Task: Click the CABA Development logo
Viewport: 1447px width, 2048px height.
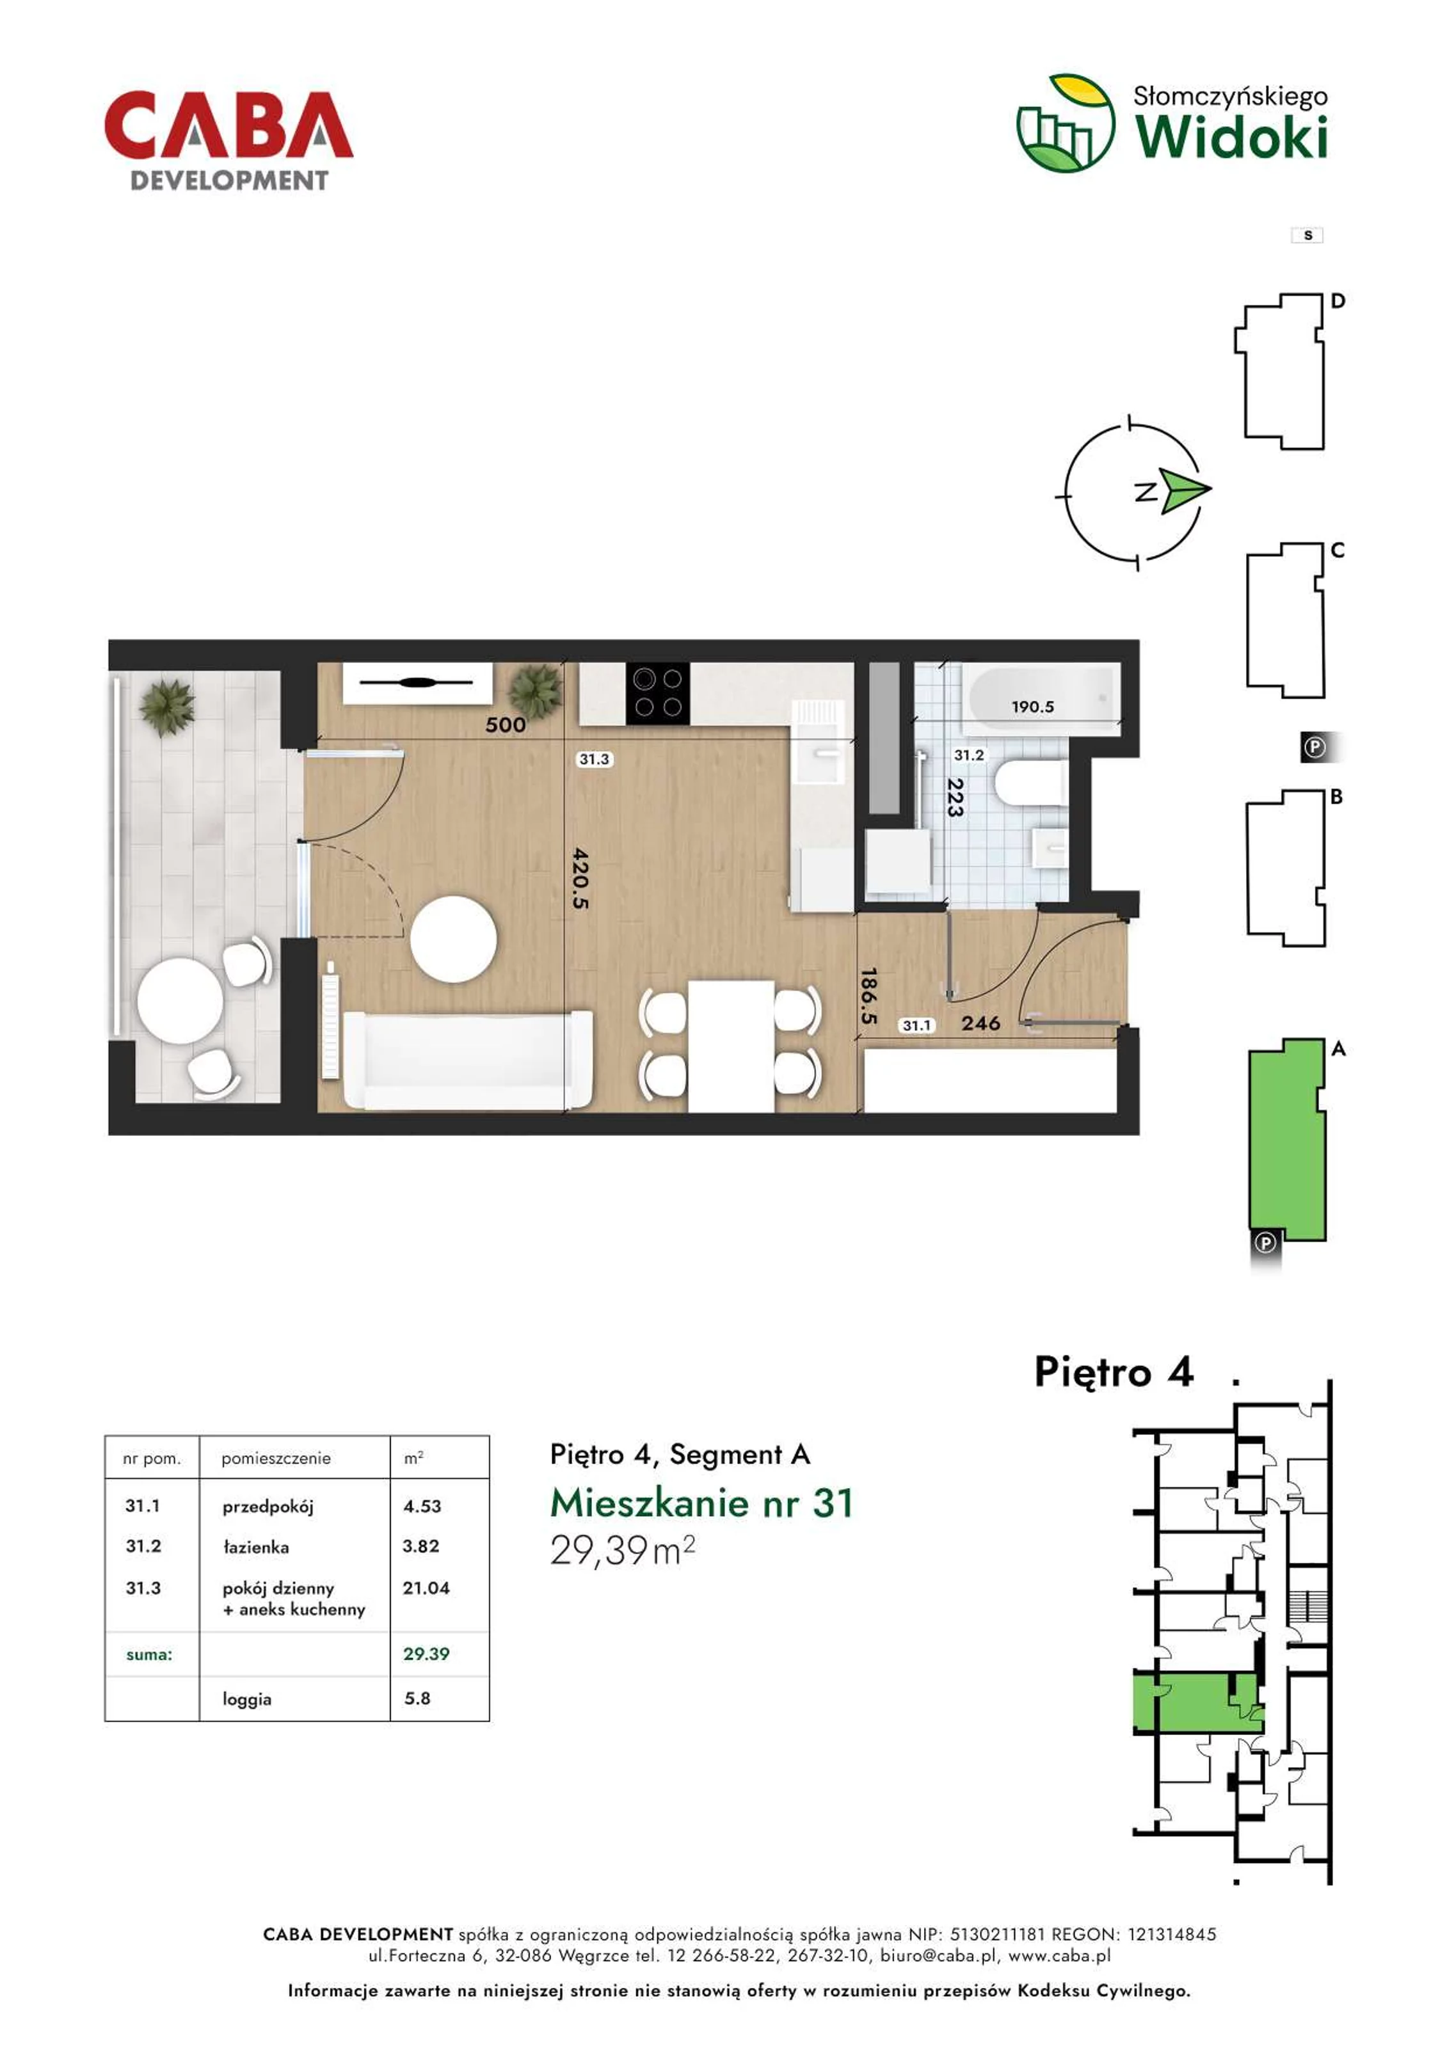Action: [x=228, y=141]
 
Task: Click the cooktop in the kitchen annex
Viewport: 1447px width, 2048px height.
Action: [x=657, y=693]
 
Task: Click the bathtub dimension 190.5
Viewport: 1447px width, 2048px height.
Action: [x=1032, y=707]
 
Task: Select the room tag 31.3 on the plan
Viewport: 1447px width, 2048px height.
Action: [x=594, y=759]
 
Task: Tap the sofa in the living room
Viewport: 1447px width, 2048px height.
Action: [x=467, y=1060]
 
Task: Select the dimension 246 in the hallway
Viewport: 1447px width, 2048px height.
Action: [x=980, y=1023]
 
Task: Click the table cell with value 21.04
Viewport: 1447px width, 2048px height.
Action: [x=426, y=1588]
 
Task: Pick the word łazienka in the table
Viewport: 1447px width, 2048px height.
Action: [x=256, y=1547]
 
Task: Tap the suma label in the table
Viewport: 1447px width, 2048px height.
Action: [x=149, y=1654]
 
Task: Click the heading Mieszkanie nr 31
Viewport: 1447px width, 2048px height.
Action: [x=702, y=1503]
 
